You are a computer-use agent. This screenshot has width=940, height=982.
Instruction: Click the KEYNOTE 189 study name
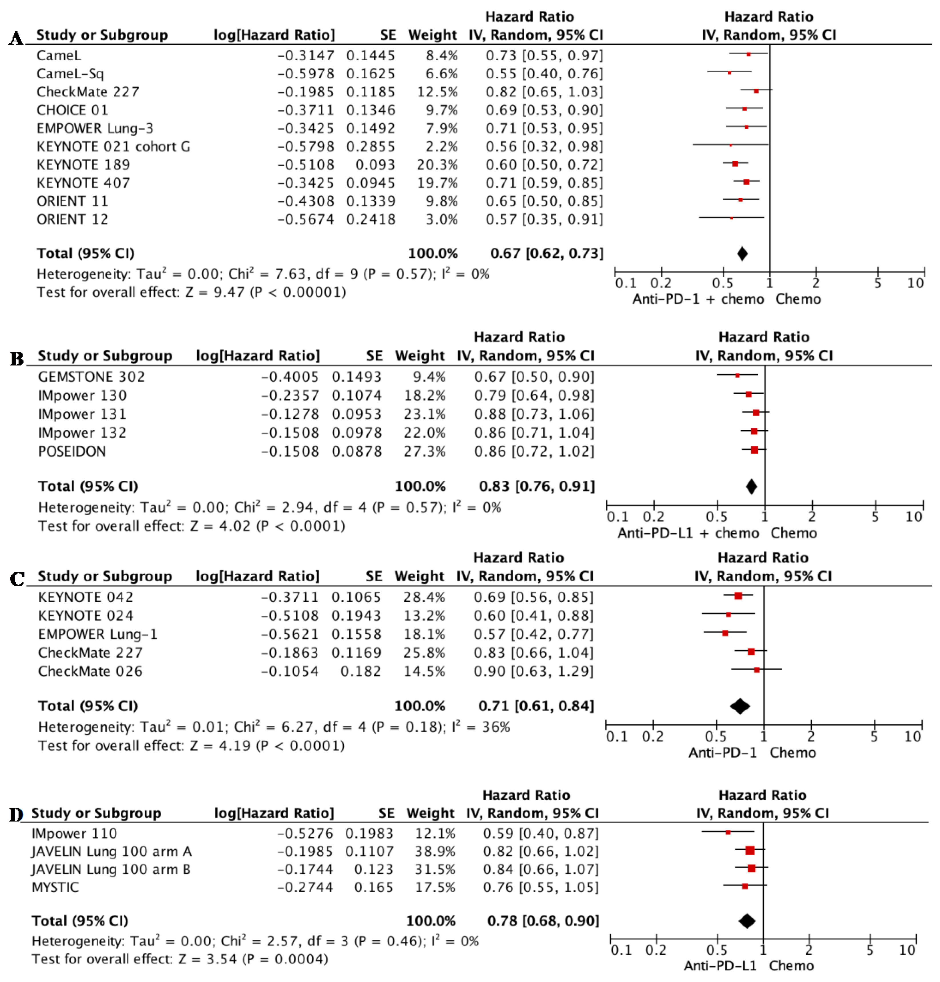[x=83, y=164]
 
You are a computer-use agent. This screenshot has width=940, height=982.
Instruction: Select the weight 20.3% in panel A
[x=437, y=164]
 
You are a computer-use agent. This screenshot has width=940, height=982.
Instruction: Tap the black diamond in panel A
[x=742, y=254]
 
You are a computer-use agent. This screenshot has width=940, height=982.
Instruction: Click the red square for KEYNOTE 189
[x=735, y=164]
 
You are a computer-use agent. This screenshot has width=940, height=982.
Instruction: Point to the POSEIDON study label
[x=72, y=452]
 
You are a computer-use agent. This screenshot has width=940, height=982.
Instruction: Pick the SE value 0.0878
[x=357, y=452]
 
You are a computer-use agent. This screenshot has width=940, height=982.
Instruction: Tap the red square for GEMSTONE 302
[x=737, y=375]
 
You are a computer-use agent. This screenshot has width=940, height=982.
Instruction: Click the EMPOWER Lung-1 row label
[x=98, y=634]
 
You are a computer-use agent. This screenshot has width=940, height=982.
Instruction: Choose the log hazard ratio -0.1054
[x=290, y=671]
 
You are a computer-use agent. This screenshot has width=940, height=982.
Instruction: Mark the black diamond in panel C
[x=740, y=706]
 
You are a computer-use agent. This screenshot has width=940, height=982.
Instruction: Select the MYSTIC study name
[x=55, y=887]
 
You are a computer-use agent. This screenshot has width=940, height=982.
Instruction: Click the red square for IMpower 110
[x=728, y=833]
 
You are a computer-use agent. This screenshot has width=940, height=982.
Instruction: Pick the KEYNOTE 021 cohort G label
[x=113, y=146]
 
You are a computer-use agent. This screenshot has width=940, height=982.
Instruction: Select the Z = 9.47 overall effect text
[x=217, y=292]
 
